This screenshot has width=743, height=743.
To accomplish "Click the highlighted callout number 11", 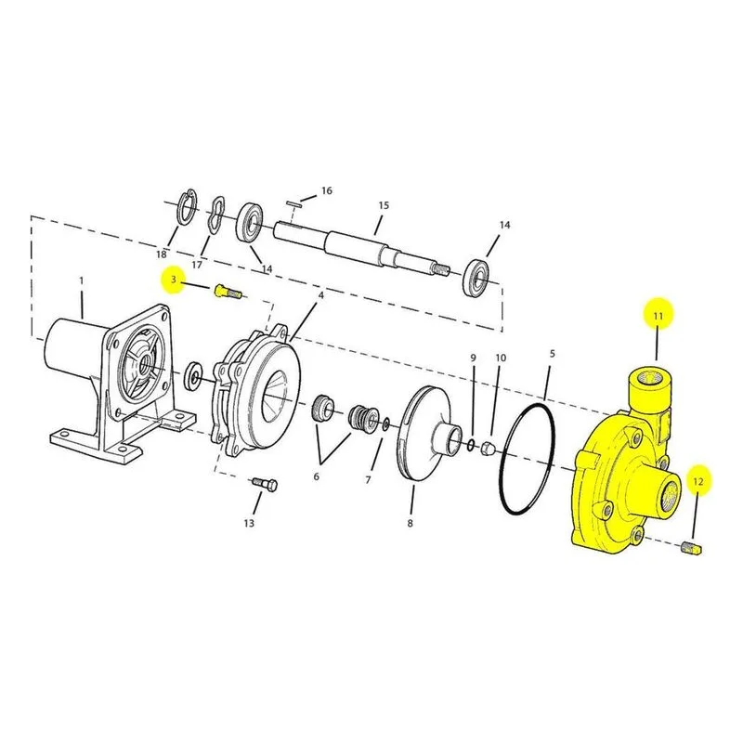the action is [x=658, y=316].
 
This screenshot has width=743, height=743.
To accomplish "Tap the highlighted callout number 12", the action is [x=698, y=481].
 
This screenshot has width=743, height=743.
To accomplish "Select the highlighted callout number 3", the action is [x=174, y=280].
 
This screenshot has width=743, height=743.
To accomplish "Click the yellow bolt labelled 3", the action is [x=228, y=292].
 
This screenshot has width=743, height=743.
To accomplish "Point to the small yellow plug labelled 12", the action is [x=691, y=548].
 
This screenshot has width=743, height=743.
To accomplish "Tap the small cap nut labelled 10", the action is [x=489, y=446].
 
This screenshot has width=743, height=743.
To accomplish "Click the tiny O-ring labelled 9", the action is [x=471, y=445].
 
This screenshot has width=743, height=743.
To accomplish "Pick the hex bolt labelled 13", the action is [x=264, y=485].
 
